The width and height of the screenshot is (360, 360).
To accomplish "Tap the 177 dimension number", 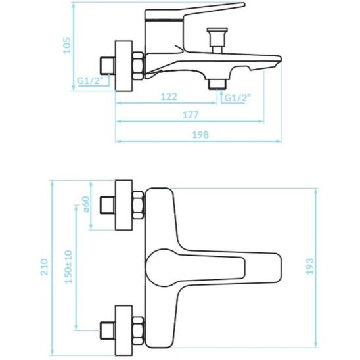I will (x=191, y=116).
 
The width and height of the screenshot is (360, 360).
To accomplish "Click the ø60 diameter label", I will (x=85, y=204).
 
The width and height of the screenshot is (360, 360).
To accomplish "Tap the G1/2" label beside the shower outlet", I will (x=238, y=98).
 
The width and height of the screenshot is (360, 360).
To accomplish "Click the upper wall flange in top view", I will (x=122, y=204).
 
